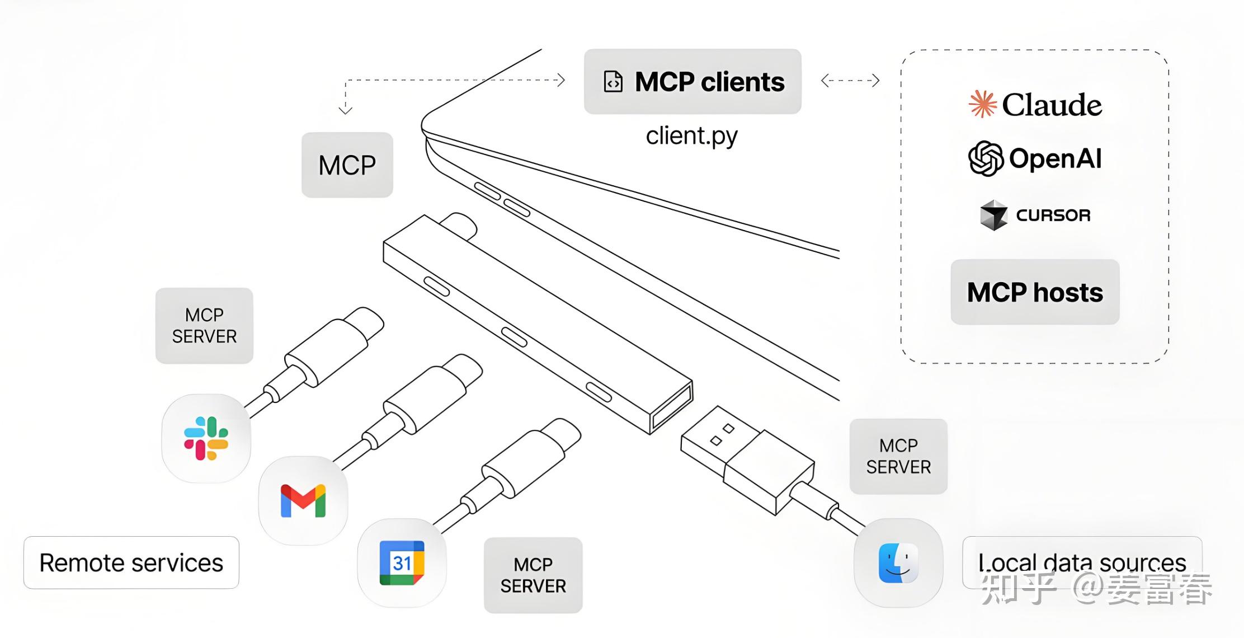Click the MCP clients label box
(x=692, y=82)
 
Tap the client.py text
(x=691, y=136)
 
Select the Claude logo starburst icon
(x=982, y=104)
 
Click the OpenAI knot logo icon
(x=986, y=158)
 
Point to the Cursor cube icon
(x=993, y=215)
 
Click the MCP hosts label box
(x=1035, y=292)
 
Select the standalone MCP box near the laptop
(x=347, y=165)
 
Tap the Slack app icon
(x=206, y=438)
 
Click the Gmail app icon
(x=303, y=500)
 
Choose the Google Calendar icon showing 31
(x=402, y=562)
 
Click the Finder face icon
(x=898, y=562)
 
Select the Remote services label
(x=131, y=562)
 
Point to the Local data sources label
(x=1082, y=562)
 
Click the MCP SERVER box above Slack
(x=204, y=326)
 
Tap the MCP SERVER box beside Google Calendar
(x=533, y=575)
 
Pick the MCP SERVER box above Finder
(x=898, y=456)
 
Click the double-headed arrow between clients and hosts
(x=850, y=81)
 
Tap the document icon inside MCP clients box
(x=613, y=82)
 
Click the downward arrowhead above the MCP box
(x=346, y=110)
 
